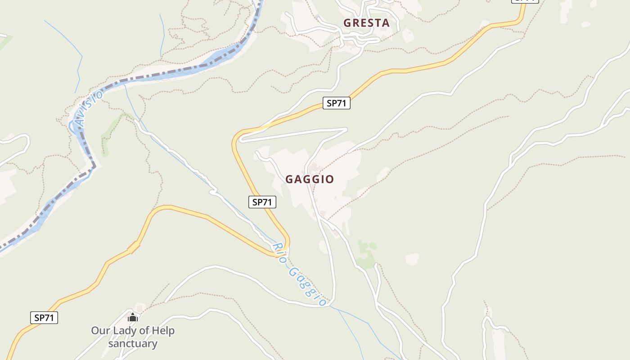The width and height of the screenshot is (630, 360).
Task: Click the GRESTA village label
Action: click(366, 23)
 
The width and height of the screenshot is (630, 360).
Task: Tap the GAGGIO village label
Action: click(310, 179)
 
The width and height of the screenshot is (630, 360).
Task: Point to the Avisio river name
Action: click(89, 108)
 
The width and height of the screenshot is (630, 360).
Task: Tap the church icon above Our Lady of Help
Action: click(132, 318)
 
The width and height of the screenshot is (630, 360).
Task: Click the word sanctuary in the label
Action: click(133, 344)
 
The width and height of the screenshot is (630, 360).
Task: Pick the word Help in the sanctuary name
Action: click(162, 331)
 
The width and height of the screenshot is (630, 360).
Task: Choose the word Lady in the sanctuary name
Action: click(124, 331)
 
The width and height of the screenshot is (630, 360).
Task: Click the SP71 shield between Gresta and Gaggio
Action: click(336, 103)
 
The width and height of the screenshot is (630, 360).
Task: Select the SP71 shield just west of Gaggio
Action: click(262, 202)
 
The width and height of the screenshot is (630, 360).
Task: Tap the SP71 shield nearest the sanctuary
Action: click(44, 317)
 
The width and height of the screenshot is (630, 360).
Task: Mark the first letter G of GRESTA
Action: click(347, 23)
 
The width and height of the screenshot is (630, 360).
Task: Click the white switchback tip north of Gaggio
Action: click(346, 130)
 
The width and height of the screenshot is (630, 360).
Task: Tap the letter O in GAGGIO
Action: click(330, 179)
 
